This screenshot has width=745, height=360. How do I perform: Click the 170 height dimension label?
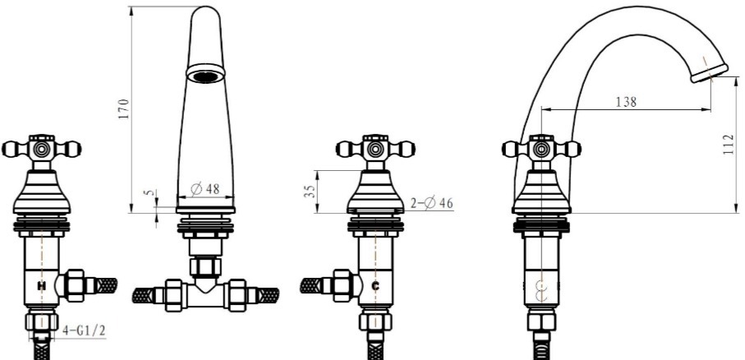click(124, 108)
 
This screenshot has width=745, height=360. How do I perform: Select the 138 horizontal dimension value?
click(626, 102)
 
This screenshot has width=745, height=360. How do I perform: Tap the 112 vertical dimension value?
click(729, 145)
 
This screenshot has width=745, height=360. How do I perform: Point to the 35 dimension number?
click(310, 192)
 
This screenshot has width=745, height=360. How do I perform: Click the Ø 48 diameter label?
click(205, 189)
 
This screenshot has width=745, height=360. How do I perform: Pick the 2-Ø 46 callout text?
click(432, 203)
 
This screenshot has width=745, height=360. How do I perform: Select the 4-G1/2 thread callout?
click(84, 331)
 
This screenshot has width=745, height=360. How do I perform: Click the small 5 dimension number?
click(150, 192)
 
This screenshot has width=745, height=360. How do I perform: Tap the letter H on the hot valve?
click(42, 286)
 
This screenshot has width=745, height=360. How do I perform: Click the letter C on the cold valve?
click(375, 286)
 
